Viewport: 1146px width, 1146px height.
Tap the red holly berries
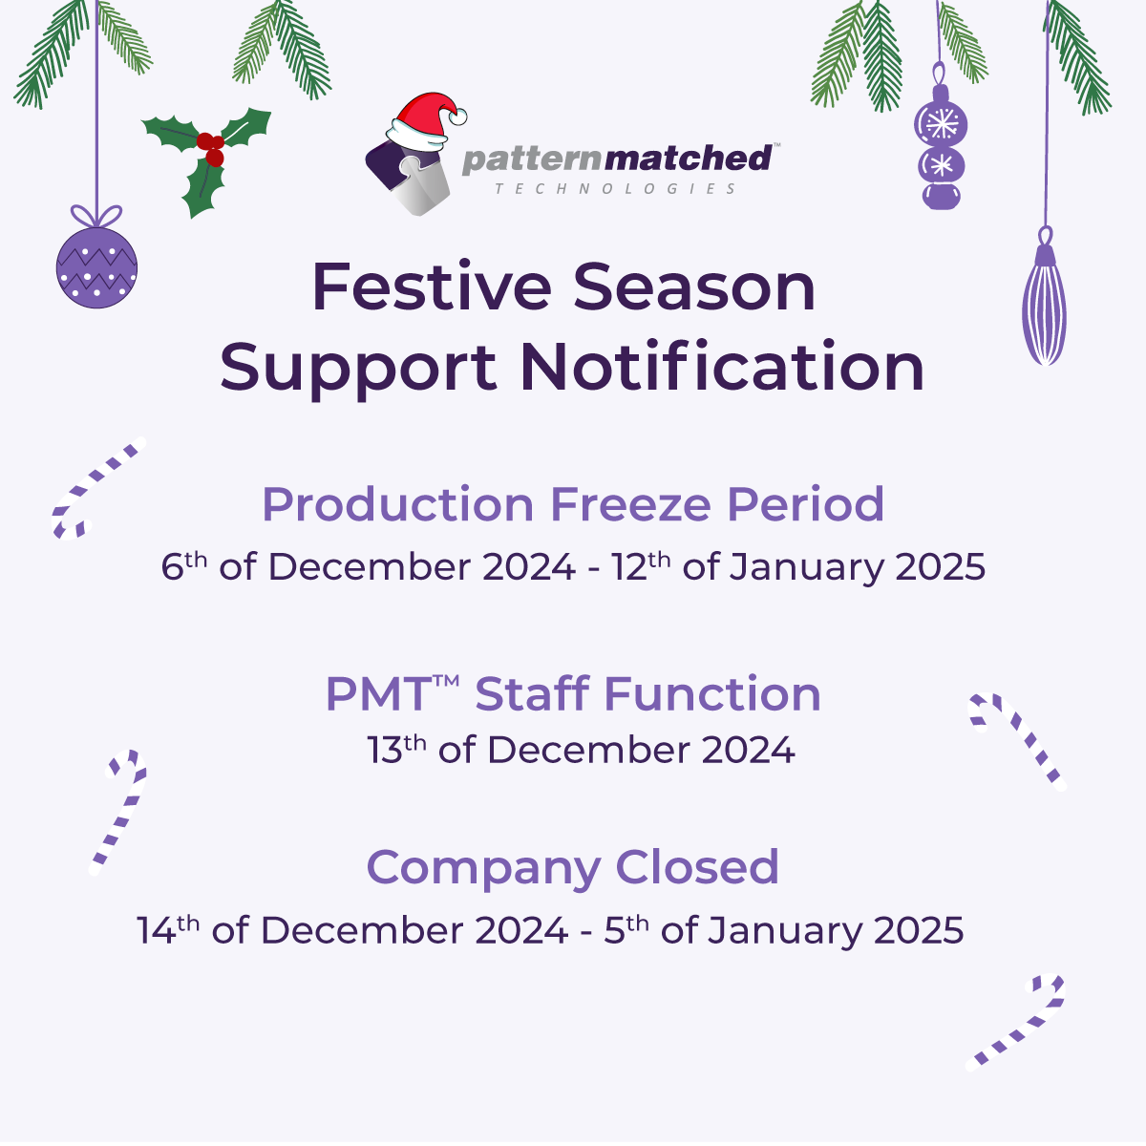[210, 149]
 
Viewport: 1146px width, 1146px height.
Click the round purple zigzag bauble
[97, 267]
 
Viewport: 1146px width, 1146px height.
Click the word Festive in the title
[432, 286]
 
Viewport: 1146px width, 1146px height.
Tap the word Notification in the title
[722, 367]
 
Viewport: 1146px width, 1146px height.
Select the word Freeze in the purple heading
[630, 504]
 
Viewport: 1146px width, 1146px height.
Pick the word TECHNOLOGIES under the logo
[616, 189]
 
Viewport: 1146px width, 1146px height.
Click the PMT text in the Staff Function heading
[379, 693]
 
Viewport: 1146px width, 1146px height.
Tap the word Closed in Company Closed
[697, 867]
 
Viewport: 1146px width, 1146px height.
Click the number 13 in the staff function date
[385, 750]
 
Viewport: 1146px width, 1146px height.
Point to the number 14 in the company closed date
[156, 930]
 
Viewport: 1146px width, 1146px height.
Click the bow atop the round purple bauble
[96, 215]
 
